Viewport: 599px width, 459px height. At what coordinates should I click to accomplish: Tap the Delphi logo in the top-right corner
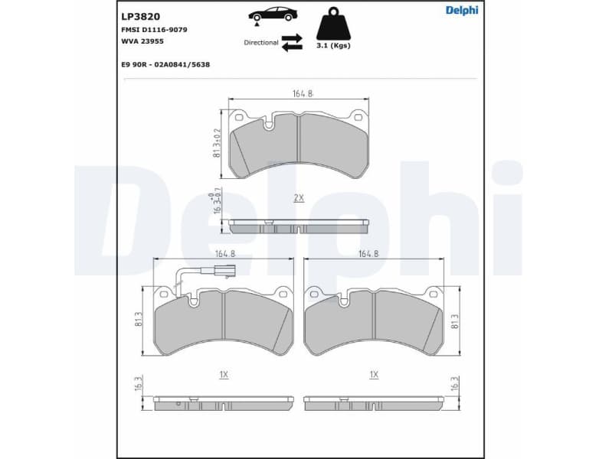click(462, 10)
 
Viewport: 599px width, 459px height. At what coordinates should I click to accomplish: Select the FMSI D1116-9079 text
click(154, 29)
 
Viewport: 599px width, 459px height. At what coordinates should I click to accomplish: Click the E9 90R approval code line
click(165, 65)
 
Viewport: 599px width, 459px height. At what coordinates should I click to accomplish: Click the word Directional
click(260, 43)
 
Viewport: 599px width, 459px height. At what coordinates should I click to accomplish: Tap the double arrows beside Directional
click(292, 42)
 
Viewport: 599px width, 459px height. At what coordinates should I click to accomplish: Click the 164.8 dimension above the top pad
click(303, 94)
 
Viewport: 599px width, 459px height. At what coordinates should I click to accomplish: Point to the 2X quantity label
click(299, 197)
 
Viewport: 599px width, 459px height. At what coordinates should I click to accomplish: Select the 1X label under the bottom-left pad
click(224, 375)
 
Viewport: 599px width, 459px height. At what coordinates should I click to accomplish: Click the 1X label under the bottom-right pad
click(374, 375)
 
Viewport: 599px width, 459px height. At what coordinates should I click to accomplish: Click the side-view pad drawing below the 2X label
click(299, 226)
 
